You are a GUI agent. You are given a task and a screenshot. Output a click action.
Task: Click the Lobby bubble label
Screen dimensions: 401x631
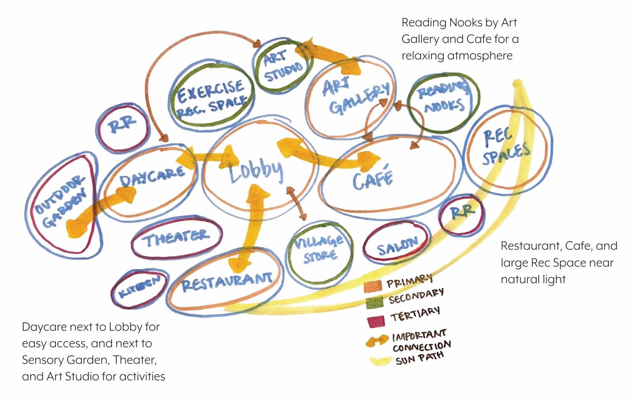click(256, 170)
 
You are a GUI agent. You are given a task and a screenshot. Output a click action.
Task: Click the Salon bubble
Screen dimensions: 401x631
click(397, 243)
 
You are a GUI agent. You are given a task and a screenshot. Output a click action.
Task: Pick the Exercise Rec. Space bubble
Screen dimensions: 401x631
click(211, 97)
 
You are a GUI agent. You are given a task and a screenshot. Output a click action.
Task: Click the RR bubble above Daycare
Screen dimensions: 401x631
click(122, 126)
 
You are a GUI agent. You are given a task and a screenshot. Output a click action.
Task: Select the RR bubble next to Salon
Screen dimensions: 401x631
click(462, 213)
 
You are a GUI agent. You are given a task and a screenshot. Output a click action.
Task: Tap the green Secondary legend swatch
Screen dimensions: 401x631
click(374, 302)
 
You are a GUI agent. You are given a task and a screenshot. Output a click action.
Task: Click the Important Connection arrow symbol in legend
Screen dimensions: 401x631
click(377, 340)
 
